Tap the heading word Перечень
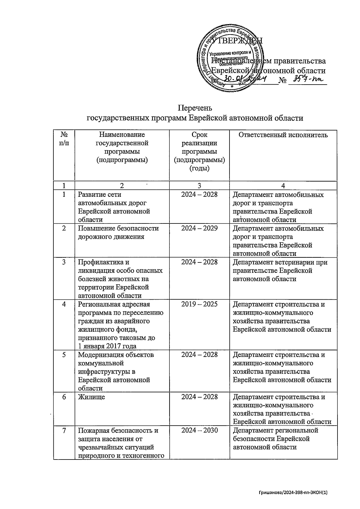pyautogui.click(x=195, y=108)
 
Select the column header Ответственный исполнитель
pyautogui.click(x=283, y=135)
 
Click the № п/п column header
pyautogui.click(x=64, y=139)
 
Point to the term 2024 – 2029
pyautogui.click(x=199, y=229)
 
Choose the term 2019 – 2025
pyautogui.click(x=199, y=304)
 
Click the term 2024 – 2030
pyautogui.click(x=199, y=430)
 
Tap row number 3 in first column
pyautogui.click(x=64, y=262)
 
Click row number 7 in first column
pyautogui.click(x=64, y=430)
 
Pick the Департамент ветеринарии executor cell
pyautogui.click(x=280, y=271)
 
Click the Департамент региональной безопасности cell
pyautogui.click(x=275, y=439)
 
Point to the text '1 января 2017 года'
pyautogui.click(x=107, y=346)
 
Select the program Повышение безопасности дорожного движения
pyautogui.click(x=118, y=232)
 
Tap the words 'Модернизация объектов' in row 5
pyautogui.click(x=116, y=355)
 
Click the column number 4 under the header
pyautogui.click(x=283, y=185)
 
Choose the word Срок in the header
pyautogui.click(x=199, y=135)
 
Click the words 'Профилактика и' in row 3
pyautogui.click(x=101, y=262)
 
